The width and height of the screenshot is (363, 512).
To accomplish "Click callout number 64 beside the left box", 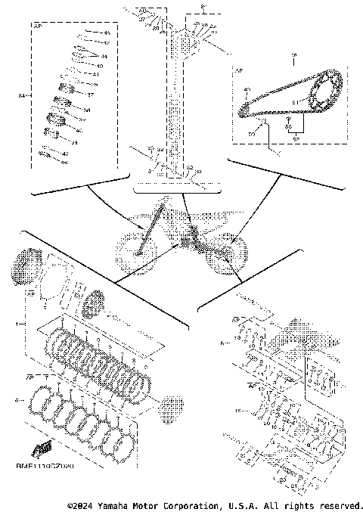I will pyautogui.click(x=22, y=96).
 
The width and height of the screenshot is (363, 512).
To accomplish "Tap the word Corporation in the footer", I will pyautogui.click(x=192, y=504).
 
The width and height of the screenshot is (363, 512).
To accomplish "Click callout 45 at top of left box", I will pyautogui.click(x=106, y=34).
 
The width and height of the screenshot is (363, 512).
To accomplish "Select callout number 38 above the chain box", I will pyautogui.click(x=293, y=55).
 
